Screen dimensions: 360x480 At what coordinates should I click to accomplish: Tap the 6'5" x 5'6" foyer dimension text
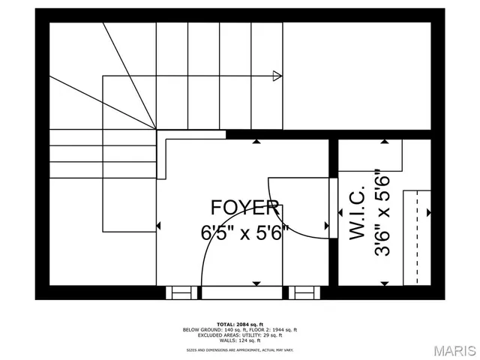pos(244,233)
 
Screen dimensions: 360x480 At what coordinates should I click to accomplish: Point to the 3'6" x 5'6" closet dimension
pos(382,213)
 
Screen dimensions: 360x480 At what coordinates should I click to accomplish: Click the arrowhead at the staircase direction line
pos(277,75)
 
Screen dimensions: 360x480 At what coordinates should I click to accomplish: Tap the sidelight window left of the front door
pos(178,292)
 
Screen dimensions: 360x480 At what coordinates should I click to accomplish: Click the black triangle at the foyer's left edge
pos(158,225)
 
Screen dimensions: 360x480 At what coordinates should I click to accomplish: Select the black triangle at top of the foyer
pos(256,140)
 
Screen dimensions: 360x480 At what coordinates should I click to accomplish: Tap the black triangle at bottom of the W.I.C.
pos(385,283)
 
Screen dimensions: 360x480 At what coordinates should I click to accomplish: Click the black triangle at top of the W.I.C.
pos(385,140)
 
